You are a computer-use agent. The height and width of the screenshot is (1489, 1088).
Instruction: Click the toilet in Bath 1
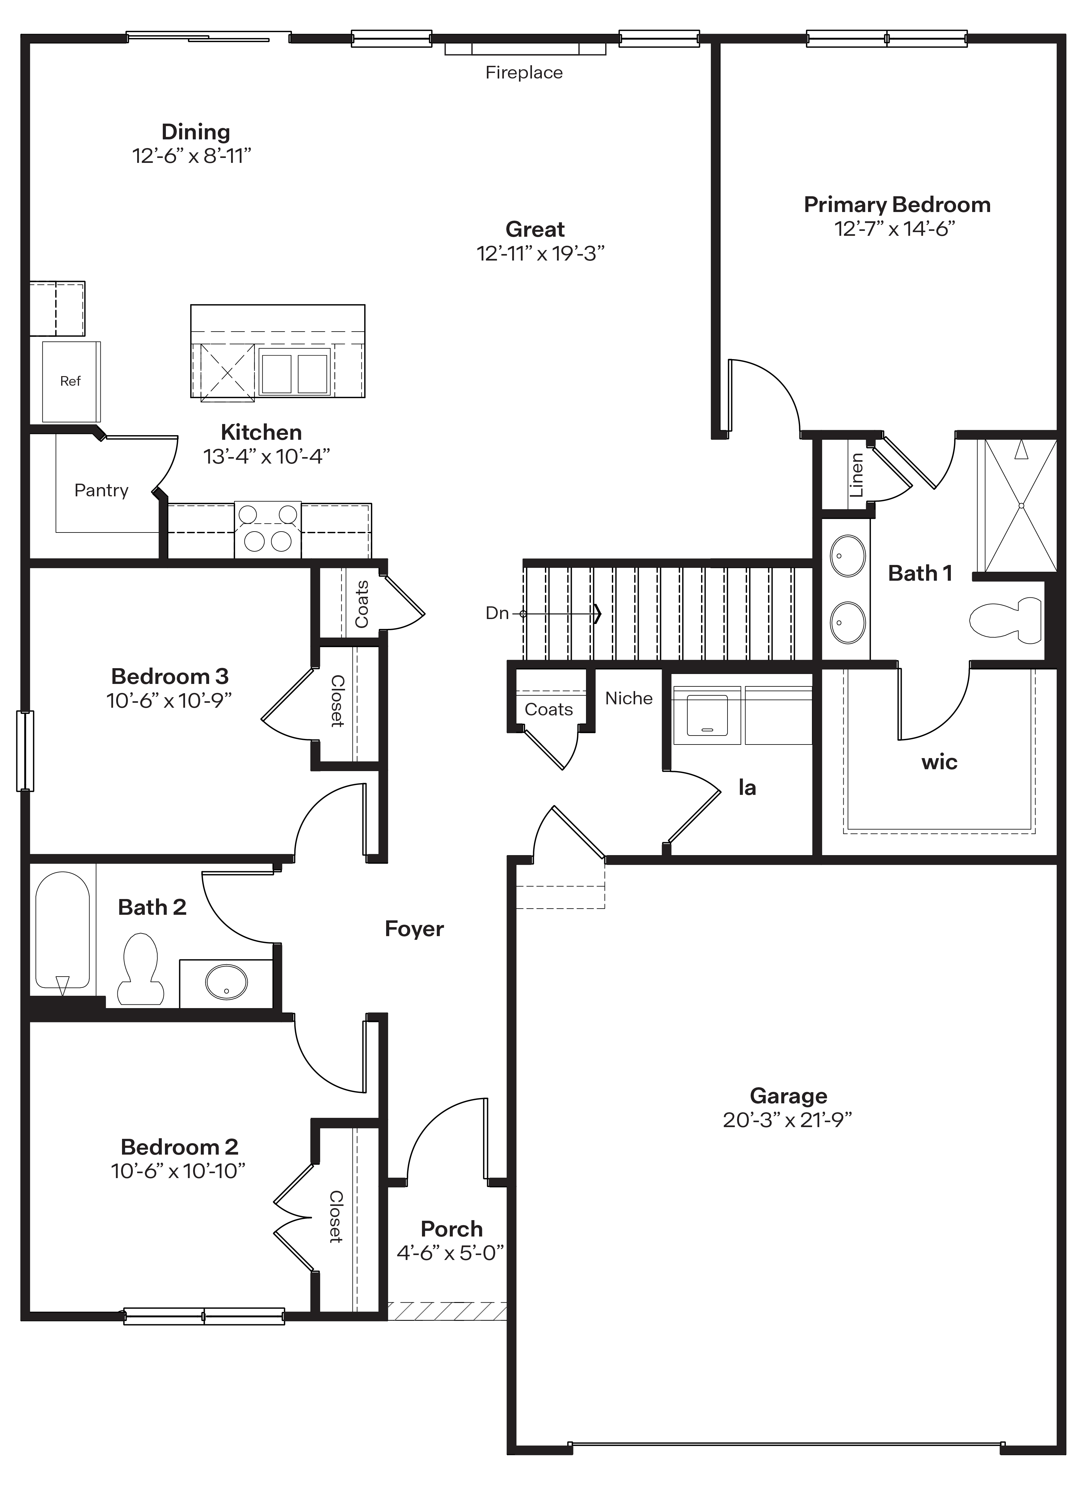[1006, 620]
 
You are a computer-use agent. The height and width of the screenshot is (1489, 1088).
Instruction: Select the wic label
[939, 762]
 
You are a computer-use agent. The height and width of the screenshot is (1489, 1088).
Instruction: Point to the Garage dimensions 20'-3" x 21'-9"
[788, 1120]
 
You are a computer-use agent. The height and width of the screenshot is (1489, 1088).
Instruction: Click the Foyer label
[414, 929]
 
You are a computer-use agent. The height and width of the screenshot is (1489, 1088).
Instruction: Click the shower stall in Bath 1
[1021, 505]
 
